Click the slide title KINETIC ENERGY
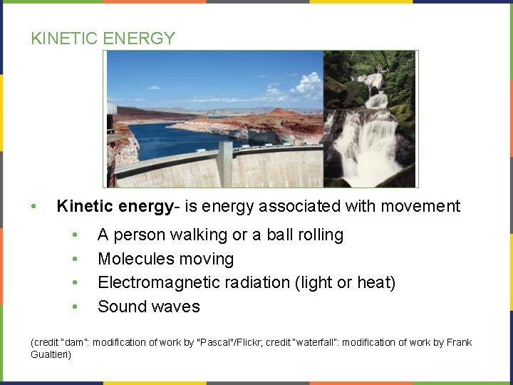(103, 38)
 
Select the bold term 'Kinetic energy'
(115, 207)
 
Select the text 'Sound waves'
(149, 307)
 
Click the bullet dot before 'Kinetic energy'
(33, 207)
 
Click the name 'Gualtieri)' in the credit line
(51, 354)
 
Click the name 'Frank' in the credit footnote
(460, 343)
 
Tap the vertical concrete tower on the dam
(225, 164)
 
